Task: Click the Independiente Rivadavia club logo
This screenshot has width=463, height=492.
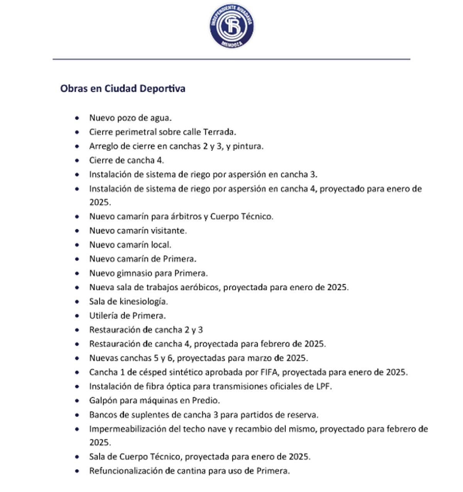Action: point(231,26)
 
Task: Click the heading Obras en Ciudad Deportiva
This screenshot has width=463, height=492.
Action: point(123,88)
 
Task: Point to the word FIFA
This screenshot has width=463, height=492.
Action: point(269,372)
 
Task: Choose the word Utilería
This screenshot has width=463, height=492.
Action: point(103,316)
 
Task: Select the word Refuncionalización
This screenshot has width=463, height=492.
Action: point(126,471)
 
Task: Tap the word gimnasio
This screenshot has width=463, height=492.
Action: point(134,273)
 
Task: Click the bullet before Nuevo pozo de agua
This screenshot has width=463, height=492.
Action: point(78,118)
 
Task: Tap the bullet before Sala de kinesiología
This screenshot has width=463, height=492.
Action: point(78,302)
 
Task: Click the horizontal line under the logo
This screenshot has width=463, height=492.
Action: point(231,59)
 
